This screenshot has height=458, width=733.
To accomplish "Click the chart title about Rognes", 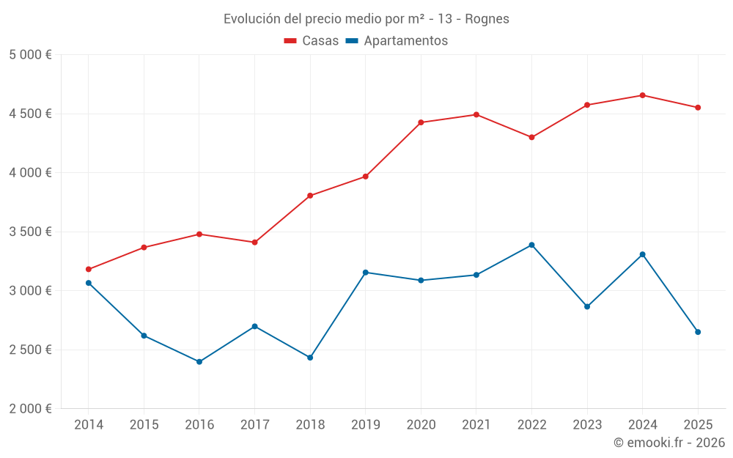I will pos(366,18).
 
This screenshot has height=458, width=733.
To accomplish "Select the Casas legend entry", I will pos(312,41).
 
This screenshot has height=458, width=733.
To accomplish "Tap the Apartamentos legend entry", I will pos(397,41).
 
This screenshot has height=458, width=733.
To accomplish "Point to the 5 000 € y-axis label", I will pos(30,55).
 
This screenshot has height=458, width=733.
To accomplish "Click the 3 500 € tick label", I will pos(30,232).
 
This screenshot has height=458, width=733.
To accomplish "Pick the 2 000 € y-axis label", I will pos(30,409).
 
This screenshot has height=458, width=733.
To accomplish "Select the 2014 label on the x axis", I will pos(89,424).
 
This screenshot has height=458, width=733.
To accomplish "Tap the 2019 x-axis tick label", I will pos(366,424).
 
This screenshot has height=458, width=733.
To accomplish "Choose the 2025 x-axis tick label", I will pos(698,424).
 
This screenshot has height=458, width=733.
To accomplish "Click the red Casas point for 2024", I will pos(643,95).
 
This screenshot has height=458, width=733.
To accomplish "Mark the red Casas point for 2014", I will pos(89,270).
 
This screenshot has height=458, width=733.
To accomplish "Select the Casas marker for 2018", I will pos(310,196).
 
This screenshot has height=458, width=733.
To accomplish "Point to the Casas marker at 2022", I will pos(532,137).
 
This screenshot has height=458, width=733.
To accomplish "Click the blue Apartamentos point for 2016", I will pos(199,362).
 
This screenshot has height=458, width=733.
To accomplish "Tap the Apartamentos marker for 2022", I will pos(532,245).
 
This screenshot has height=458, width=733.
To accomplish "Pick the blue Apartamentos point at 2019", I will pos(366,273).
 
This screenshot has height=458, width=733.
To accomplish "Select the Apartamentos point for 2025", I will pos(698,332).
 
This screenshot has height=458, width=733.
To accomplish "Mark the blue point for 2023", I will pos(587,306).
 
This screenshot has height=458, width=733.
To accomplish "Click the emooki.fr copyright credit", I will pos(669,443).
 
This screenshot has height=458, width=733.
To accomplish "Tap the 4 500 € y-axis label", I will pos(30,114).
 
